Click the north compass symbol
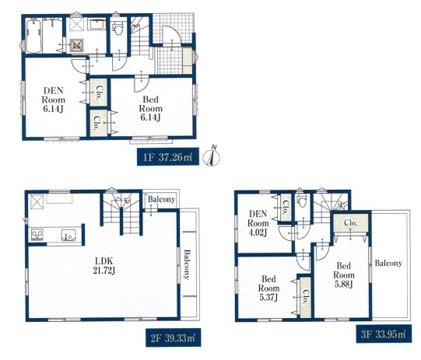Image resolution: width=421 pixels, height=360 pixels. (x=212, y=156)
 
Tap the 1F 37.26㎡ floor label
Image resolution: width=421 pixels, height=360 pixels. (x=168, y=157)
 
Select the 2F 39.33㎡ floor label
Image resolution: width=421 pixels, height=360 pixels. (x=174, y=337)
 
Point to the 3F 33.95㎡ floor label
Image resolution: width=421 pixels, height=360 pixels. (x=384, y=334)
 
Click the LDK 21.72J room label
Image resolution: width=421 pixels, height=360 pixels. (x=104, y=266)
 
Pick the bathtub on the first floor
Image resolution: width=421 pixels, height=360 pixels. (x=33, y=36)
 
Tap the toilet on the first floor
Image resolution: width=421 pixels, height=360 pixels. (x=118, y=29)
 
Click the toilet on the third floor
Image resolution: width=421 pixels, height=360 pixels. (x=302, y=201)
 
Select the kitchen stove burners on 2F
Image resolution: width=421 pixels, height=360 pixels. (x=36, y=235)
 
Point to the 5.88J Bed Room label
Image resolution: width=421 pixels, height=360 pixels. (x=344, y=275)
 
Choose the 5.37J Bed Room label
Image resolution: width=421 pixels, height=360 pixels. (x=268, y=288)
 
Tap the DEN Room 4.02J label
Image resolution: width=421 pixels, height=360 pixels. (x=258, y=223)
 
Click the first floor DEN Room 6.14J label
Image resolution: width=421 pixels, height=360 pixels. (x=53, y=100)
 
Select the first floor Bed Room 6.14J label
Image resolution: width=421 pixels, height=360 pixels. (x=151, y=108)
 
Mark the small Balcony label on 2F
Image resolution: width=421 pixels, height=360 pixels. (x=161, y=199)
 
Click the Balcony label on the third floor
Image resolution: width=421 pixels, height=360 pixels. (x=388, y=263)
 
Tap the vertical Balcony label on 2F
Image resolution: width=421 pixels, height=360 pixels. (x=187, y=264)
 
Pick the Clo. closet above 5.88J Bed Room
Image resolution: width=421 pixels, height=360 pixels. (x=351, y=222)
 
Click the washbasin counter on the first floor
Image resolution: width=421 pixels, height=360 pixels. (x=97, y=25)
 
